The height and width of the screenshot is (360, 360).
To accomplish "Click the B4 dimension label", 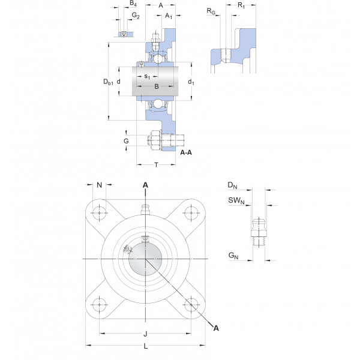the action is click(x=133, y=3).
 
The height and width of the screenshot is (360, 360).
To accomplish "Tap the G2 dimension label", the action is click(x=136, y=16).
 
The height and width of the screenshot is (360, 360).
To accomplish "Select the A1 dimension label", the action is click(x=169, y=16).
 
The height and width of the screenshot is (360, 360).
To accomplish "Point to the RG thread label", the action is click(x=211, y=11).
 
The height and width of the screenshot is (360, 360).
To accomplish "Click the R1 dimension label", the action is click(x=241, y=5).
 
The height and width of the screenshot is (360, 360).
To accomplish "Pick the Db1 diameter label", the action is click(x=108, y=82).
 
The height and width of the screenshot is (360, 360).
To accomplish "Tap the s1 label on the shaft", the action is click(x=147, y=76).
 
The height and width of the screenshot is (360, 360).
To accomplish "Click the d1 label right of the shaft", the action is click(x=191, y=82).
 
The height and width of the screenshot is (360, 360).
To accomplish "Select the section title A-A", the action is click(x=186, y=152).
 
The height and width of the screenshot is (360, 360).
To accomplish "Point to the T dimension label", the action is click(x=157, y=165).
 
